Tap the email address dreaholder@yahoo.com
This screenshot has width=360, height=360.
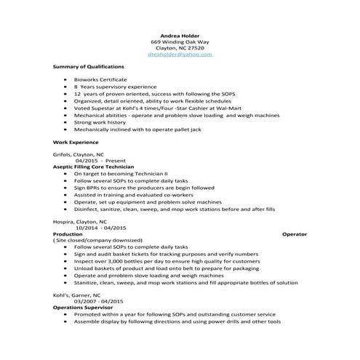click(x=179, y=54)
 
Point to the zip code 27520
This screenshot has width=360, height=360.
click(x=196, y=47)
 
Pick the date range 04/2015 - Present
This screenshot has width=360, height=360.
click(x=89, y=161)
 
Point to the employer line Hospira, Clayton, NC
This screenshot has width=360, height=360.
click(x=80, y=220)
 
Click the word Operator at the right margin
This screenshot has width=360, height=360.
click(x=295, y=233)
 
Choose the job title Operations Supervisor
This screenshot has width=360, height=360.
click(x=84, y=308)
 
